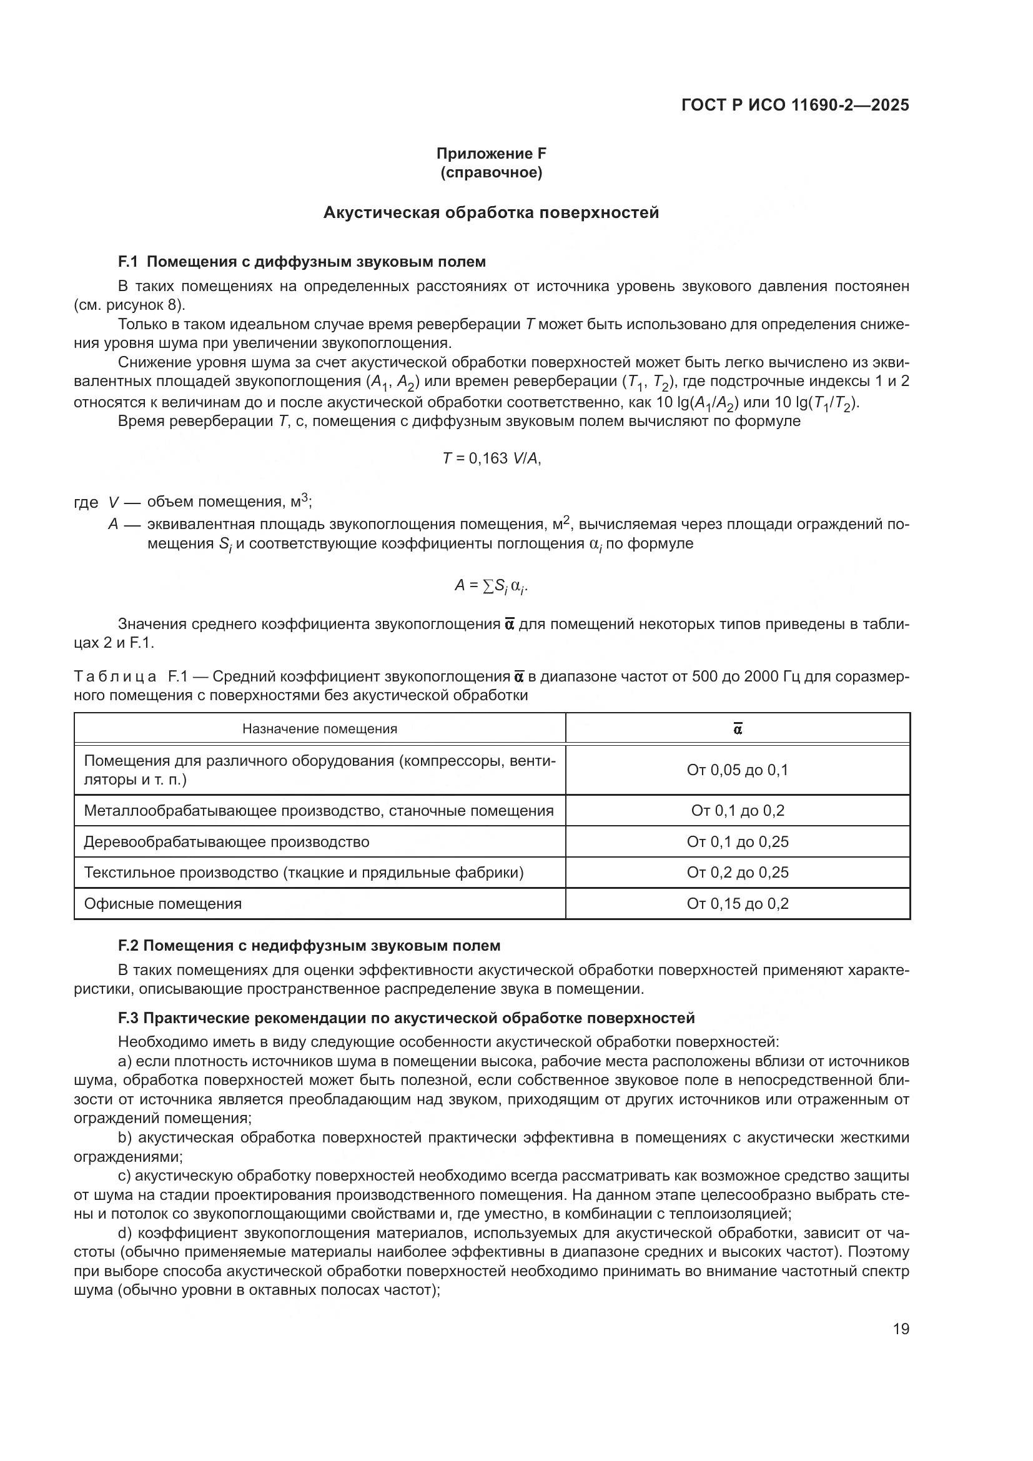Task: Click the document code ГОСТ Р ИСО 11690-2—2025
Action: point(794,105)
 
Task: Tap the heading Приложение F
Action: point(491,154)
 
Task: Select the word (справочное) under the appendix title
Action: point(491,172)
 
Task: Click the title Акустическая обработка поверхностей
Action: point(491,212)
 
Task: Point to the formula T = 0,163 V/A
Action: point(491,458)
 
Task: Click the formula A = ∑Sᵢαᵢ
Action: point(491,586)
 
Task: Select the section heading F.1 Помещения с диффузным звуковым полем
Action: point(302,262)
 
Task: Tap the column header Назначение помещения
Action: point(319,728)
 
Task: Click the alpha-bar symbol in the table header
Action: point(737,728)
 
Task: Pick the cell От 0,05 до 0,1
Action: point(737,770)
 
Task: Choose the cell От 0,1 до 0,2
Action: point(737,811)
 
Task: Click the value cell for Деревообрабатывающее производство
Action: point(737,842)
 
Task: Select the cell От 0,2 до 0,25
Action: point(737,873)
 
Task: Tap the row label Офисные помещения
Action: point(163,904)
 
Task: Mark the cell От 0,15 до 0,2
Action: point(737,904)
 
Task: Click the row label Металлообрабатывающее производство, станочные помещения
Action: point(318,811)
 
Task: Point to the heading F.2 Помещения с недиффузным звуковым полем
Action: point(309,946)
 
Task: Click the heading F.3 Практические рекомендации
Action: point(406,1018)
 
